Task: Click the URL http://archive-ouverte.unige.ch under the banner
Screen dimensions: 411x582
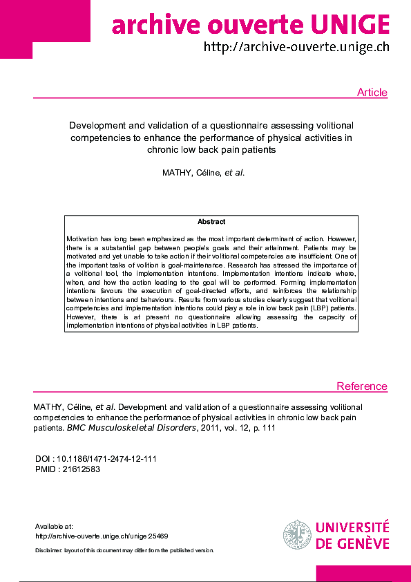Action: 296,48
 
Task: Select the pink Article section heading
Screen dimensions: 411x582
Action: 372,93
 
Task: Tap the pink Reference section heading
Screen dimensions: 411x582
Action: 361,386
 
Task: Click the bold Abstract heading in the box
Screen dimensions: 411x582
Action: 211,222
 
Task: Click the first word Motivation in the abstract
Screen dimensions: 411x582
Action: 85,237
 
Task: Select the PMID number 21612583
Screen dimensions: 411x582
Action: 82,469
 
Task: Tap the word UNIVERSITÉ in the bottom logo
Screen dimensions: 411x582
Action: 352,528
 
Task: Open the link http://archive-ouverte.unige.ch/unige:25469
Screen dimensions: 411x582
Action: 102,536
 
